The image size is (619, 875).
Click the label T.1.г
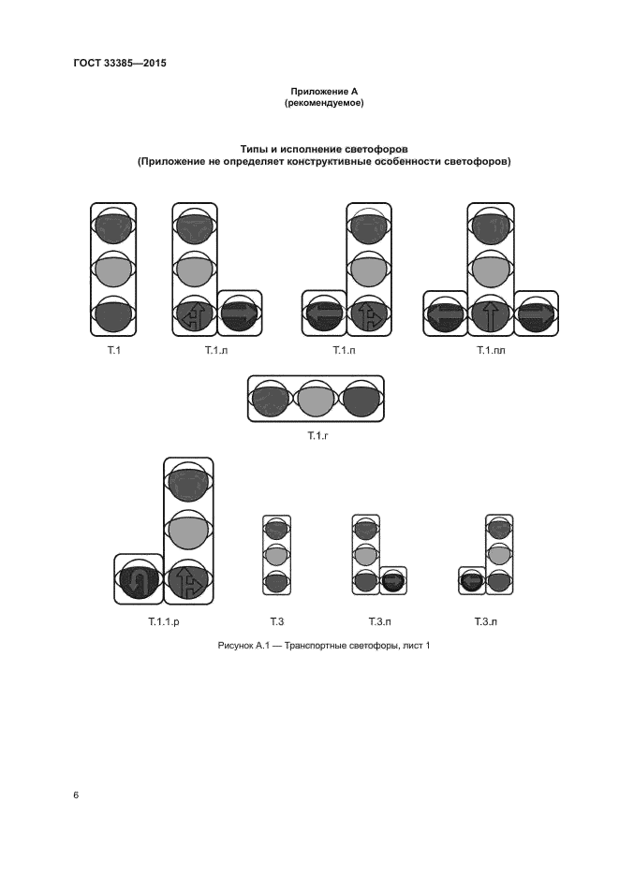point(317,436)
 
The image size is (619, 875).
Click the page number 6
point(76,795)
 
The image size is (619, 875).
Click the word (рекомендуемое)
point(323,103)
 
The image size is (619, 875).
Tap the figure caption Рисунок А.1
point(323,646)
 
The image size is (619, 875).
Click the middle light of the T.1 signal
point(113,271)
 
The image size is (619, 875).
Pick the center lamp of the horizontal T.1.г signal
point(316,401)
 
